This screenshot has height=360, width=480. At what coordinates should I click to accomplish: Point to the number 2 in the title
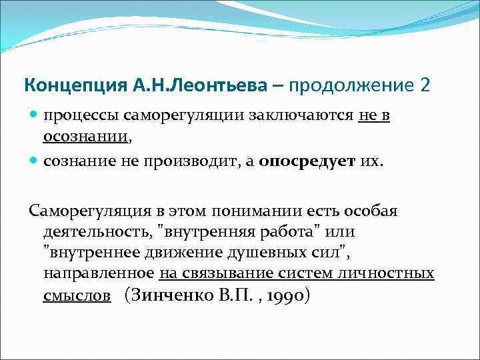(425, 86)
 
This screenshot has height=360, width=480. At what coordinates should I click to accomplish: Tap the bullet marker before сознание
(33, 161)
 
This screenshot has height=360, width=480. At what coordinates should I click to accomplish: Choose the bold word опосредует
(306, 161)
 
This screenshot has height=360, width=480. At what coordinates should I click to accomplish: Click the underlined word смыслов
(77, 295)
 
